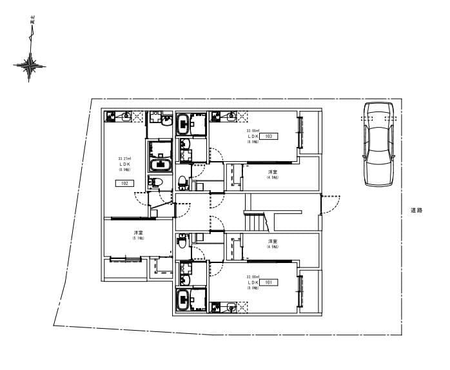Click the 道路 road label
pos(416,210)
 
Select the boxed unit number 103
pos(269,137)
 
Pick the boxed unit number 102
pos(124,183)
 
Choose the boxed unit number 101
pos(269,282)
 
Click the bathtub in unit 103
pos(184,122)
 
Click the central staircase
pos(256,221)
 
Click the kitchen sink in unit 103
pos(229,117)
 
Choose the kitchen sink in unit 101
pos(229,308)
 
